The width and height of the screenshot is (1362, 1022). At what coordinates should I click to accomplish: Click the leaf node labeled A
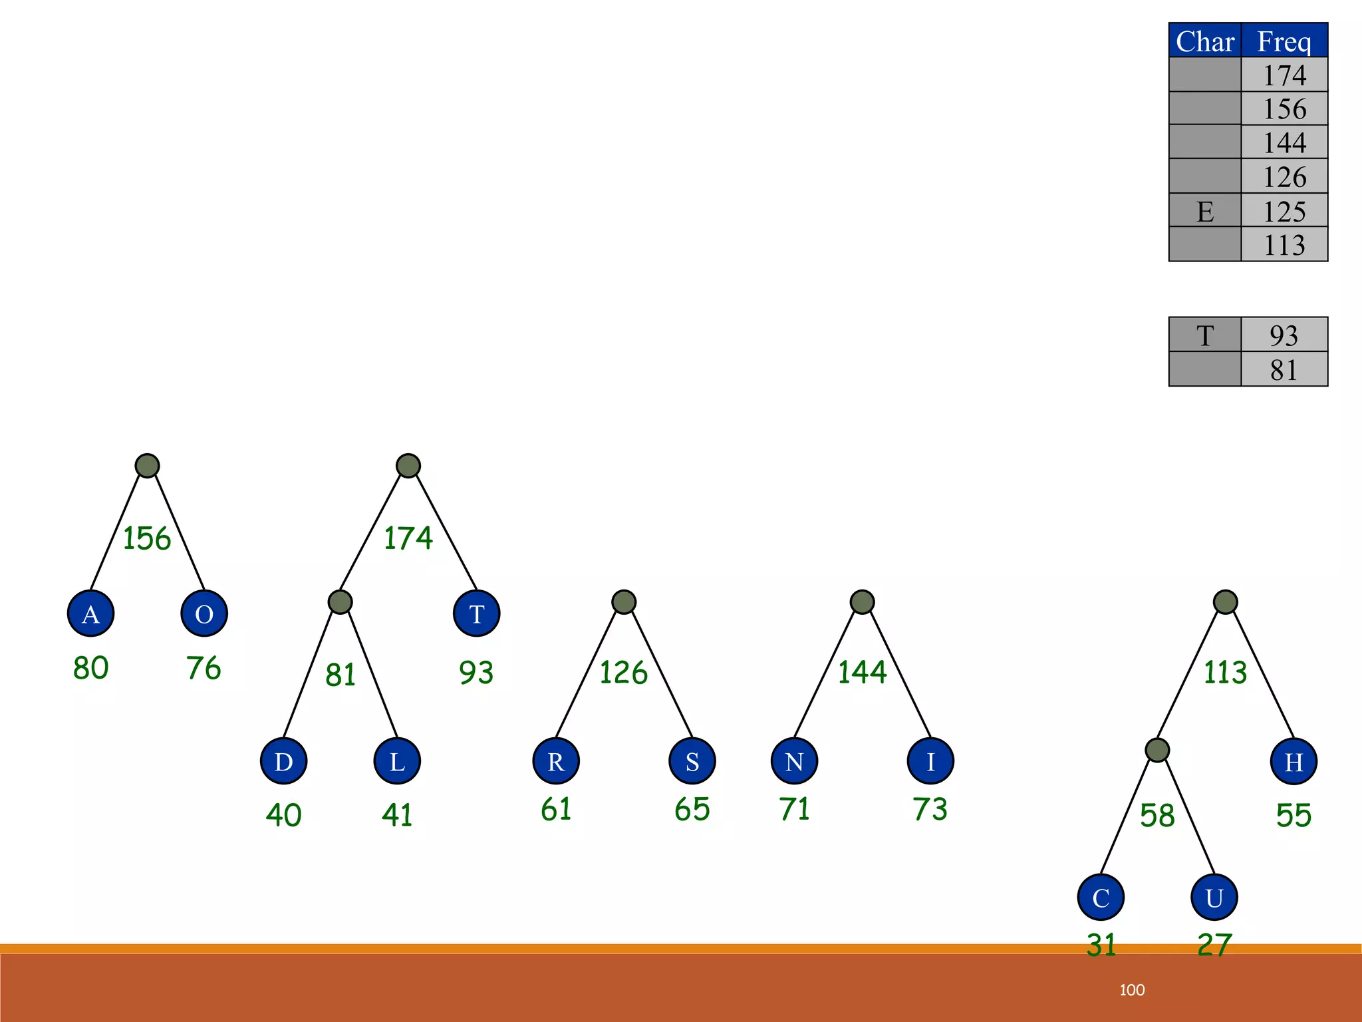[90, 613]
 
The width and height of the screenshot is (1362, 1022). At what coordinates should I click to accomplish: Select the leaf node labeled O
[204, 613]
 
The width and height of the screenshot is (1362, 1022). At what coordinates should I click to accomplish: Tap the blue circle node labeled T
[476, 613]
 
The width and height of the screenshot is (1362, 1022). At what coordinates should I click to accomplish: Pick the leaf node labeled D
[283, 761]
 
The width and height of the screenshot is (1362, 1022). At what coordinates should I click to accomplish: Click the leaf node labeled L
[397, 761]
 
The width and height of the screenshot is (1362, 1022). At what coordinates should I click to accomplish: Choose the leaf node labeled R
[556, 761]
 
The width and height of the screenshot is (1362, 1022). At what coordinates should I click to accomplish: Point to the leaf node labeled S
[692, 761]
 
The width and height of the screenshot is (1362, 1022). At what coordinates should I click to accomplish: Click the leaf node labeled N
[794, 761]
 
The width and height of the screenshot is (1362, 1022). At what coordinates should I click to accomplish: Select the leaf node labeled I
[930, 761]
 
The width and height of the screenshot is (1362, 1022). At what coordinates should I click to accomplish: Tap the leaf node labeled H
[1294, 761]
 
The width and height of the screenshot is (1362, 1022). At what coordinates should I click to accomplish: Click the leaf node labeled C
[1101, 898]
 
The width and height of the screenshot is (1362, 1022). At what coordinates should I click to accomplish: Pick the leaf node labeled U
[1214, 898]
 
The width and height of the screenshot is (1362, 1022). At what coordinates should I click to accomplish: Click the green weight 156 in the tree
[147, 538]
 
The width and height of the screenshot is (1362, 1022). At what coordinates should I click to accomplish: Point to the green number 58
[1157, 816]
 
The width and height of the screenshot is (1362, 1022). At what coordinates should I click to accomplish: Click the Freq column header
[1284, 41]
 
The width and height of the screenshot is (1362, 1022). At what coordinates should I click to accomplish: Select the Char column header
[1205, 41]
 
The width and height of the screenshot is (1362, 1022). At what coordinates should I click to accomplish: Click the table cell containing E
[1205, 211]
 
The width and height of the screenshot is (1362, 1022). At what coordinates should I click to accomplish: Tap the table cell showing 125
[1284, 211]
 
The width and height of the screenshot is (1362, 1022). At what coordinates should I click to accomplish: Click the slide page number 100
[1132, 990]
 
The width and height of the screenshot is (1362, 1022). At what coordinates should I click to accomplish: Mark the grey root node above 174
[408, 466]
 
